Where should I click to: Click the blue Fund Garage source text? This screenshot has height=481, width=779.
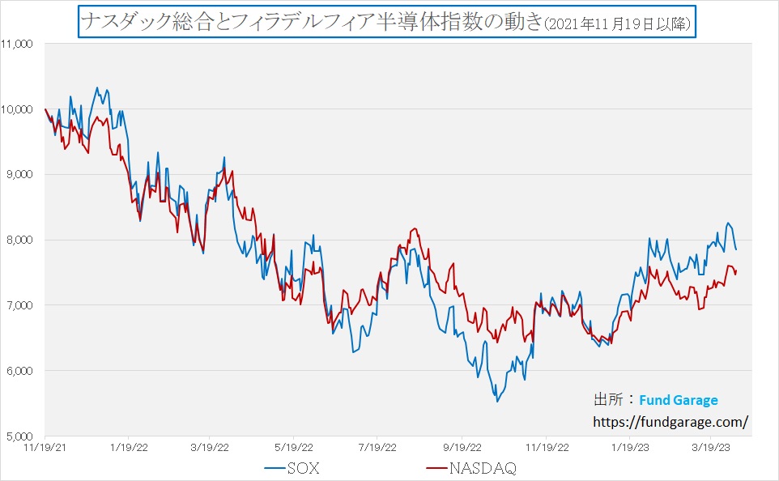[x=678, y=400]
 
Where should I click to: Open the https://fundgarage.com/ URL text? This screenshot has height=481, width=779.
[x=670, y=421]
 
